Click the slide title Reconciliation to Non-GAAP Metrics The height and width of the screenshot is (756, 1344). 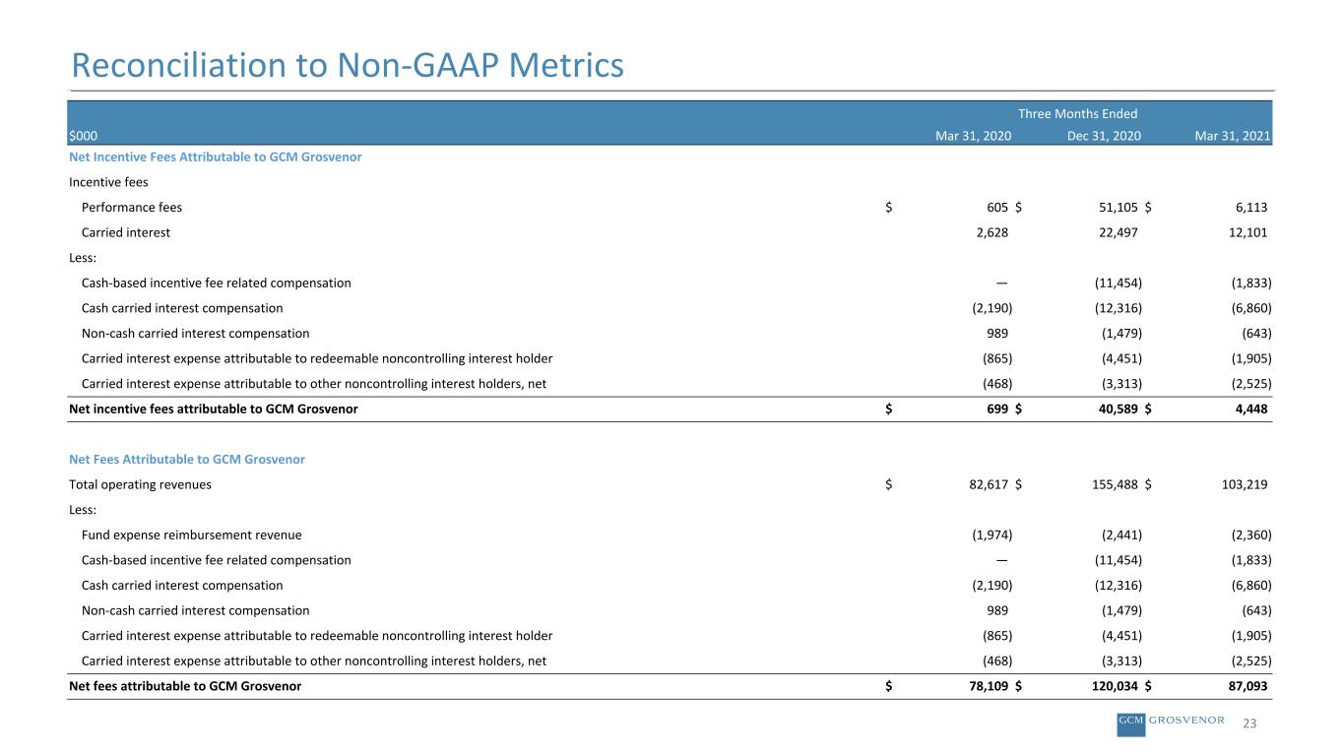pyautogui.click(x=348, y=65)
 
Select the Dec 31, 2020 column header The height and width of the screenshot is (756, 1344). pyautogui.click(x=1104, y=136)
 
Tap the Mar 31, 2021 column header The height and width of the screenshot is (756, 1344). pyautogui.click(x=1233, y=136)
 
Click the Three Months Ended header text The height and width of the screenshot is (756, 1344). pyautogui.click(x=1077, y=114)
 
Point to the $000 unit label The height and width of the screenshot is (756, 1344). pyautogui.click(x=83, y=136)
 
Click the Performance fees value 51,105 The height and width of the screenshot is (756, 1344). pyautogui.click(x=1118, y=208)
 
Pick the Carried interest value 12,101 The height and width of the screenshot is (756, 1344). pyautogui.click(x=1248, y=232)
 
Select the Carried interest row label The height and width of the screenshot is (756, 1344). pyautogui.click(x=125, y=232)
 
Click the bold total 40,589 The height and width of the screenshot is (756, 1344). pyautogui.click(x=1118, y=409)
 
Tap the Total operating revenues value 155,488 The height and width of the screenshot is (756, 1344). pyautogui.click(x=1115, y=484)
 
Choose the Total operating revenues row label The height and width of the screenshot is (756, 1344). pyautogui.click(x=140, y=484)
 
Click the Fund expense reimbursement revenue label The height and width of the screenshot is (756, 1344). pyautogui.click(x=191, y=535)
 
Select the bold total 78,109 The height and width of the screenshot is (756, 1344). pyautogui.click(x=989, y=686)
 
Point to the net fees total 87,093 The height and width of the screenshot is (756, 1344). pyautogui.click(x=1248, y=686)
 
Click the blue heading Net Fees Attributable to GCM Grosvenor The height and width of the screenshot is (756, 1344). pyautogui.click(x=187, y=460)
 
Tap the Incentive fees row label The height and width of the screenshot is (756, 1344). pyautogui.click(x=108, y=182)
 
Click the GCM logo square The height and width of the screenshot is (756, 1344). pyautogui.click(x=1131, y=724)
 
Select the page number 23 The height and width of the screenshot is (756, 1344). pyautogui.click(x=1249, y=724)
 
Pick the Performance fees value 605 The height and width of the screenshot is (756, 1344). pyautogui.click(x=997, y=208)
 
